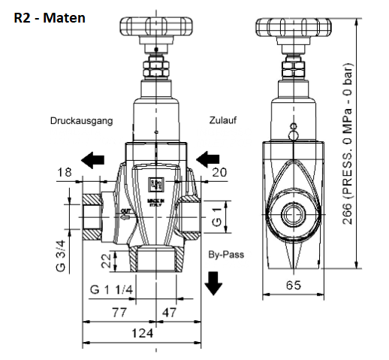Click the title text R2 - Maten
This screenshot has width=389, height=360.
(50, 14)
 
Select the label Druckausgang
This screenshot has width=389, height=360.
(82, 121)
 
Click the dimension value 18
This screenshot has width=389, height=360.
(65, 172)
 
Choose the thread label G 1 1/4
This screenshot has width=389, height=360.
(113, 290)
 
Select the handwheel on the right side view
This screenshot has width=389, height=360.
(294, 28)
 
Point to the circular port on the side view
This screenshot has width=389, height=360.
(294, 216)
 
